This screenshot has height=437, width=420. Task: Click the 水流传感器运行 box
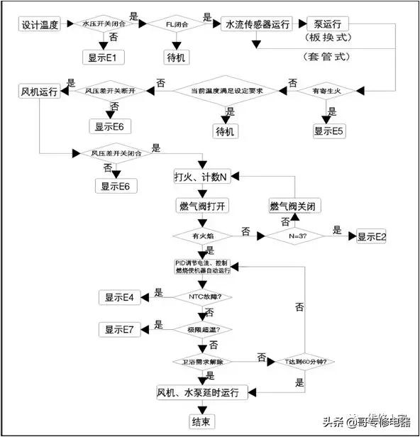[x=257, y=24]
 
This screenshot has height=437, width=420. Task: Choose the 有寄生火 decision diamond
[x=328, y=92]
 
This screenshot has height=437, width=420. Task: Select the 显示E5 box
[x=329, y=131]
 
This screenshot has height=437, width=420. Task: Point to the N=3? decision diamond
[x=296, y=236]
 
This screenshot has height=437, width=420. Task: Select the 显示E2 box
[x=372, y=237]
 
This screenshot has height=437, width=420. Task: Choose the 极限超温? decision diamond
[x=205, y=329]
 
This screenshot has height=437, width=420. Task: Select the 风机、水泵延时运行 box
[x=202, y=392]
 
